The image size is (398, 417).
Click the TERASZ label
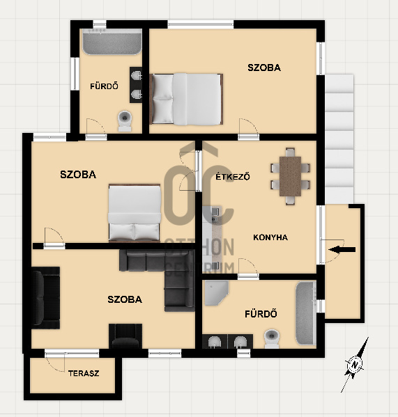(84, 373)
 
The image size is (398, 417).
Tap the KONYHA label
(270, 237)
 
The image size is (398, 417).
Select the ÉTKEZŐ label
(233, 177)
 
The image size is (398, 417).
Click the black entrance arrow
(342, 249)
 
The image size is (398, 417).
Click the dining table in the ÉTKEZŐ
(290, 176)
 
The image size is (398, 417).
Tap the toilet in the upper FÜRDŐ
(125, 121)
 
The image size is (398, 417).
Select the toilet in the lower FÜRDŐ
(272, 338)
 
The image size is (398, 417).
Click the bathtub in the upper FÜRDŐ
(112, 42)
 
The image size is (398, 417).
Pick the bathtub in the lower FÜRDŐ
(306, 313)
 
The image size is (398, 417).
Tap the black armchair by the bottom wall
(125, 336)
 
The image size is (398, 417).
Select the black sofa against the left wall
(45, 298)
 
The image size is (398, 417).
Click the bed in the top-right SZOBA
(186, 99)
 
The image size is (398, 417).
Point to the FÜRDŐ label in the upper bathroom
(104, 86)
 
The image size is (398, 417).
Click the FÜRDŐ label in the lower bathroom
(261, 314)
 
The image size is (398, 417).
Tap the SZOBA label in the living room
(125, 299)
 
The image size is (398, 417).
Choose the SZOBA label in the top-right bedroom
(264, 68)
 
